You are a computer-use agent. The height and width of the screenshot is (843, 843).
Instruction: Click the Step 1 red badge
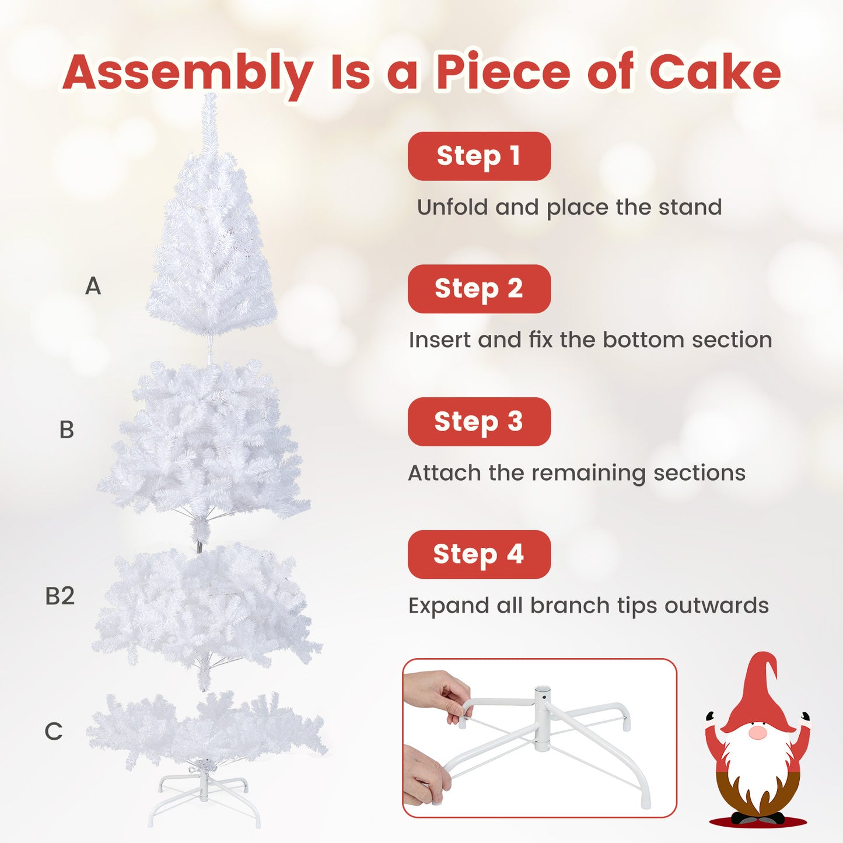point(479,156)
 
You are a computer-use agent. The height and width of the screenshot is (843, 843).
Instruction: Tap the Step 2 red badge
point(479,289)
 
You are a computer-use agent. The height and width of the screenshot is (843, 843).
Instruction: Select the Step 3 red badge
point(479,422)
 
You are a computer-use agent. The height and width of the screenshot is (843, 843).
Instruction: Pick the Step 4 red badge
point(479,554)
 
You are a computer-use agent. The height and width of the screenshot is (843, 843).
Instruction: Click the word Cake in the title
point(715,72)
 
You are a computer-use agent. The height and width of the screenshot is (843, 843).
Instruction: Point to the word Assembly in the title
point(188,74)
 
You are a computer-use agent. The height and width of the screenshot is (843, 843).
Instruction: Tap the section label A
point(93,286)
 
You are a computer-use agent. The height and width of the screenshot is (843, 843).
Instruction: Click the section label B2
point(60,596)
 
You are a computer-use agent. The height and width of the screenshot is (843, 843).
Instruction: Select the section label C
point(54,732)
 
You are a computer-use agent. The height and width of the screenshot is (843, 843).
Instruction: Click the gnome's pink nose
point(757,733)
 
